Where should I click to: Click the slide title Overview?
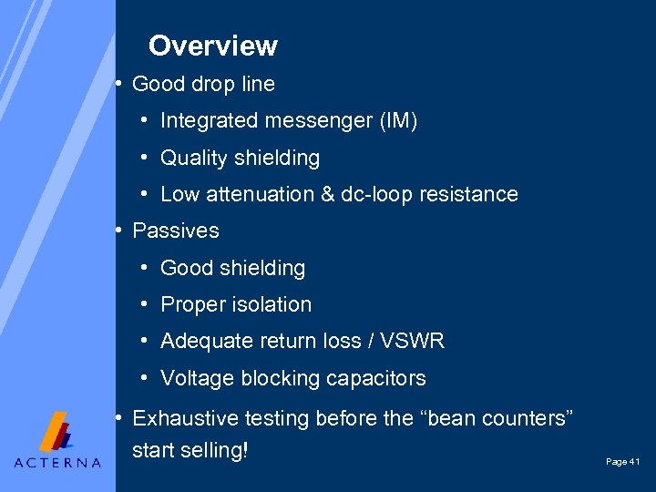tap(213, 46)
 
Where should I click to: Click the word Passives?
tap(176, 231)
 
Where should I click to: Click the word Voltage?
tap(194, 378)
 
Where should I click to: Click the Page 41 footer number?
tap(623, 463)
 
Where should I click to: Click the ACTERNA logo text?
tap(57, 462)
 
